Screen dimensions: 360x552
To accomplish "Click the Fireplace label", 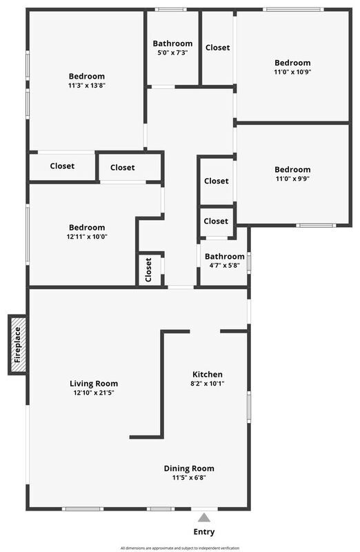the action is pos(18,345).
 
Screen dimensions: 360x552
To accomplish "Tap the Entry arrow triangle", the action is pos(203,517).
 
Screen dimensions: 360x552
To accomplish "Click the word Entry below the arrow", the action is pos(204,532).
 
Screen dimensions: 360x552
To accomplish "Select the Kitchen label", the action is pos(208,374).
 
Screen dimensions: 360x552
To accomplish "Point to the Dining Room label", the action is pos(189,469).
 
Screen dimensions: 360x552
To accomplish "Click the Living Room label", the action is pos(94,384).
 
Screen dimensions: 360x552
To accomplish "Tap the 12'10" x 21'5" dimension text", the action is pos(94,393).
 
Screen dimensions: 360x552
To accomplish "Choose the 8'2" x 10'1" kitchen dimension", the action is pos(208,384).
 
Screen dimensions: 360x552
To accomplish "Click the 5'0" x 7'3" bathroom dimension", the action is pos(172,53).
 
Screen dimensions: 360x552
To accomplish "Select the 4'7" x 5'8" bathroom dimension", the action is pos(225,266).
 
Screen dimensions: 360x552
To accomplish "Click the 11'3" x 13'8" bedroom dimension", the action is pos(87,85).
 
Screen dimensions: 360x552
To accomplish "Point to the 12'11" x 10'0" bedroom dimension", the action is pos(87,237).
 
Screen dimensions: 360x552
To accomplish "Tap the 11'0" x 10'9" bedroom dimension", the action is pos(292,72).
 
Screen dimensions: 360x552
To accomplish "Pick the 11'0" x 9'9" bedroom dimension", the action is pos(292,179).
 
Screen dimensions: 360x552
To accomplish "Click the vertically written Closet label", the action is pos(148,270).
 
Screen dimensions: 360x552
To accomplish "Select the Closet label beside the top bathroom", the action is pos(217,48).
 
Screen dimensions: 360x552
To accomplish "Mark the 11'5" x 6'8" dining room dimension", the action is pos(189,477).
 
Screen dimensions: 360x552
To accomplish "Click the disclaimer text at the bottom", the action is pos(180,548).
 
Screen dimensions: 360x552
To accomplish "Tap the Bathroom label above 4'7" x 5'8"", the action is pos(225,256).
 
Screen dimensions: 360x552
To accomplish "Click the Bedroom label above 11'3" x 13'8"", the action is pos(87,76).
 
